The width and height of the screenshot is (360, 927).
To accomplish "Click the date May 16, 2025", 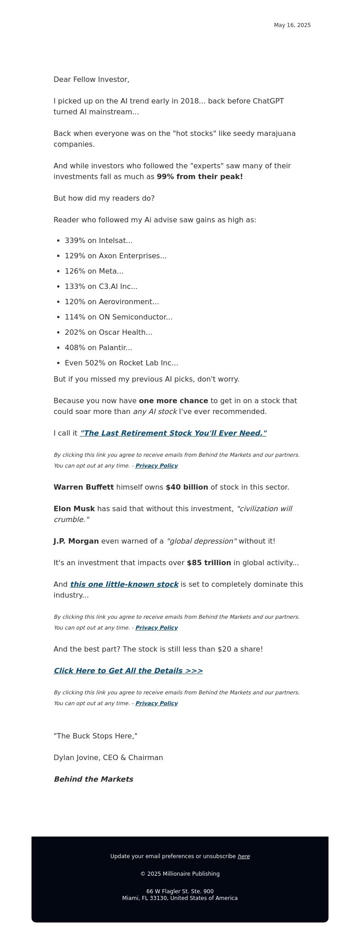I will coord(292,25).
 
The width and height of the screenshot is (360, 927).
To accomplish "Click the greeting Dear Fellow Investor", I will coord(91,80).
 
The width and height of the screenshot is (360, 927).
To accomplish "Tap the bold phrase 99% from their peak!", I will coord(200,177).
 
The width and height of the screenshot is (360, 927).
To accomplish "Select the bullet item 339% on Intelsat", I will coord(99,241).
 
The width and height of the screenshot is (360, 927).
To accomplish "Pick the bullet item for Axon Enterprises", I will coord(116,256).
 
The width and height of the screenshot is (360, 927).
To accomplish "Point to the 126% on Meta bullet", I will coord(94,271).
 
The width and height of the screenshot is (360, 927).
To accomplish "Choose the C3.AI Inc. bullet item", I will coord(101,287).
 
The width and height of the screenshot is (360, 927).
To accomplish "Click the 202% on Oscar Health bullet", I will coord(108,333).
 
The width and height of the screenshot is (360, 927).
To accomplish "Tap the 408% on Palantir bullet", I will coord(99,348).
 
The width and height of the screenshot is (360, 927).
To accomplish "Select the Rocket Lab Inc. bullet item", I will coord(121,363).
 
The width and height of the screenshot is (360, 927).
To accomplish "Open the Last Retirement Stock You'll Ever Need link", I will coord(173,433).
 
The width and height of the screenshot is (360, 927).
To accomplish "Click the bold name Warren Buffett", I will coord(84,487).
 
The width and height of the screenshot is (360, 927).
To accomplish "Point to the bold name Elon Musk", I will coord(74,509).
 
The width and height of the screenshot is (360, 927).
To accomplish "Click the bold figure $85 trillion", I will coord(209,563).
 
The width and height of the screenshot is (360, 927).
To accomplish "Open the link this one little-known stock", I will coord(124,585).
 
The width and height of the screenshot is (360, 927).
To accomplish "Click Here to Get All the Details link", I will coord(128,671).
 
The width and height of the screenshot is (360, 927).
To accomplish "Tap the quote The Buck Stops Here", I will coord(95,736).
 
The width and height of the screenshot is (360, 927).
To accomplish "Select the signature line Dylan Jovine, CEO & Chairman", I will coord(108,758).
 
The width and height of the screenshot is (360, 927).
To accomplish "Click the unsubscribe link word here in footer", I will coord(243,856).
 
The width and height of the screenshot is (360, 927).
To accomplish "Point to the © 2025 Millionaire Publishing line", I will coord(180,874).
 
